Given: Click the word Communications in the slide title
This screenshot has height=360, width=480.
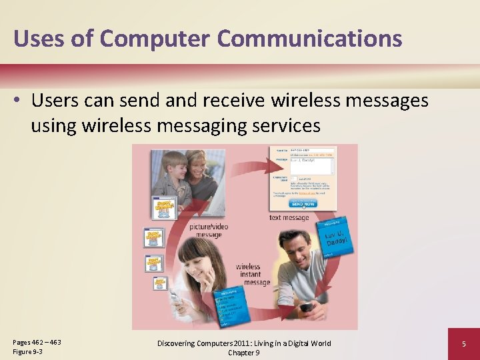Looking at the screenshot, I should (x=309, y=38).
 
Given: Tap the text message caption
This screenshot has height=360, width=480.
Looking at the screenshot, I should (x=289, y=217).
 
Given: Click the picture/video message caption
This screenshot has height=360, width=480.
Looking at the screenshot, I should (x=209, y=231).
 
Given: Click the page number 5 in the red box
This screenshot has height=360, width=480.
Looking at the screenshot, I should (x=463, y=344).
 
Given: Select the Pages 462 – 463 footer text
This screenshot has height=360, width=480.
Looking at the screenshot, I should (x=37, y=342).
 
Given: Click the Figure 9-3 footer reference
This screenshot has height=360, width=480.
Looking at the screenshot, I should (x=27, y=351).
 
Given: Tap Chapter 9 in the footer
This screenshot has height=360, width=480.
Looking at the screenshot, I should (x=243, y=353).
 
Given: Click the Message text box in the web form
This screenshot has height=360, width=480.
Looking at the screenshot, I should (x=311, y=166).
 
